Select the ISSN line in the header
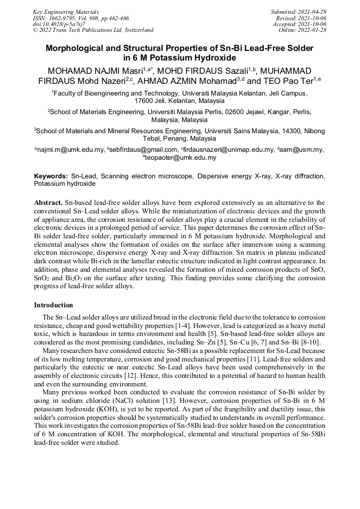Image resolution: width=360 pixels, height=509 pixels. point(81,18)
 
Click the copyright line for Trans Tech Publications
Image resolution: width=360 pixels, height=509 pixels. point(93,30)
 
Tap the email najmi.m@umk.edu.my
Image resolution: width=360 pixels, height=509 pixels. point(70,150)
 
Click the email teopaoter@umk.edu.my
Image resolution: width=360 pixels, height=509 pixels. point(181,158)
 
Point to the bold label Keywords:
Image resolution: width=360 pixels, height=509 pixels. point(51,176)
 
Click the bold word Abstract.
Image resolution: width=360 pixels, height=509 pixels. point(48,203)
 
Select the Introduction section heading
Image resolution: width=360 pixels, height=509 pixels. point(54,305)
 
